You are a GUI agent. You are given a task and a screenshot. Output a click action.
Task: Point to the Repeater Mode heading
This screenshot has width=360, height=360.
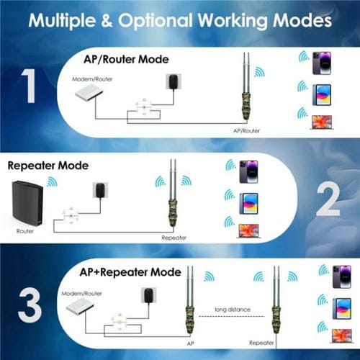(x=48, y=165)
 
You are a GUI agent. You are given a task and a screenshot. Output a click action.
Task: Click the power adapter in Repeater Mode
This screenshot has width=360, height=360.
(x=99, y=190)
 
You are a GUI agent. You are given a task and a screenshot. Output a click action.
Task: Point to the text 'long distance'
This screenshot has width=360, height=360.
(x=233, y=310)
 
